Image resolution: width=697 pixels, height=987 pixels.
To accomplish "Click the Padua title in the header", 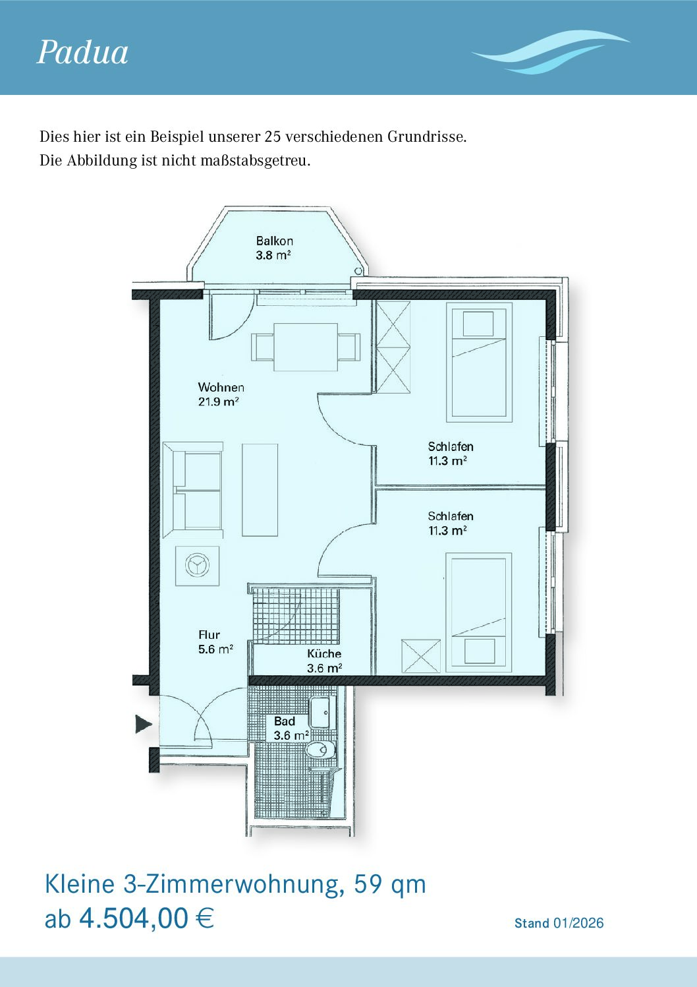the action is pyautogui.click(x=82, y=53).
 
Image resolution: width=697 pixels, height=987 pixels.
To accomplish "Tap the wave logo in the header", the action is pyautogui.click(x=551, y=53).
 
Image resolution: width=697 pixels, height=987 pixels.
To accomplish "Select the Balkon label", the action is pyautogui.click(x=275, y=241).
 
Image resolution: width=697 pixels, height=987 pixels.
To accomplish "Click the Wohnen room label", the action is pyautogui.click(x=221, y=387).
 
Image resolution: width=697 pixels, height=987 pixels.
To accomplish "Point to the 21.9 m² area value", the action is pyautogui.click(x=219, y=402).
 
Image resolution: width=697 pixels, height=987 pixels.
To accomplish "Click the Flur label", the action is pyautogui.click(x=209, y=634).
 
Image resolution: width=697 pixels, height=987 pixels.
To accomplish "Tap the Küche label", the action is pyautogui.click(x=324, y=653).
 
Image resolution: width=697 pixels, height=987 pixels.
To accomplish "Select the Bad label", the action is pyautogui.click(x=285, y=721).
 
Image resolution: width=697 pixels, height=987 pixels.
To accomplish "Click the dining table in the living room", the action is pyautogui.click(x=306, y=347).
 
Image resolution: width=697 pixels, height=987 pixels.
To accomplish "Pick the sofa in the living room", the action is pyautogui.click(x=193, y=490).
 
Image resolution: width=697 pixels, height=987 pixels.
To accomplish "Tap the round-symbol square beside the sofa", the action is pyautogui.click(x=197, y=566).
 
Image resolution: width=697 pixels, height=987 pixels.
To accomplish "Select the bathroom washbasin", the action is pyautogui.click(x=323, y=713).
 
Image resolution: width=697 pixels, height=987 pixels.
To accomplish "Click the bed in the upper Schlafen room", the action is pyautogui.click(x=479, y=362).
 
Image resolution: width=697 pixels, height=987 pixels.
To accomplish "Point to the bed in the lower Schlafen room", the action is pyautogui.click(x=478, y=613).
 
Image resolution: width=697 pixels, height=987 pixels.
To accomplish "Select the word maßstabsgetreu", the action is pyautogui.click(x=256, y=161).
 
